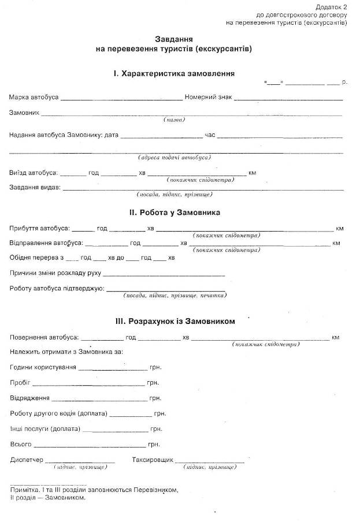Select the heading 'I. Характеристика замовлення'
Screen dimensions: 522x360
tap(174, 73)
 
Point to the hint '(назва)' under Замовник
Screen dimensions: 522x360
tap(174, 120)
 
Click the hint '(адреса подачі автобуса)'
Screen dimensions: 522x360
tap(174, 157)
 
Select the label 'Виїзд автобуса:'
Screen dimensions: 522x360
tap(33, 173)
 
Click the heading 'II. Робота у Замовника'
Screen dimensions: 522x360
tap(175, 212)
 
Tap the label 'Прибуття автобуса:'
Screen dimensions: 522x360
tap(39, 229)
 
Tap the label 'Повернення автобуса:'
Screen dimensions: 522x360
tap(43, 337)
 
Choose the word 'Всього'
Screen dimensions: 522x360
tap(21, 445)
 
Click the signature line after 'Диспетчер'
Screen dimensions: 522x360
tap(80, 463)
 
